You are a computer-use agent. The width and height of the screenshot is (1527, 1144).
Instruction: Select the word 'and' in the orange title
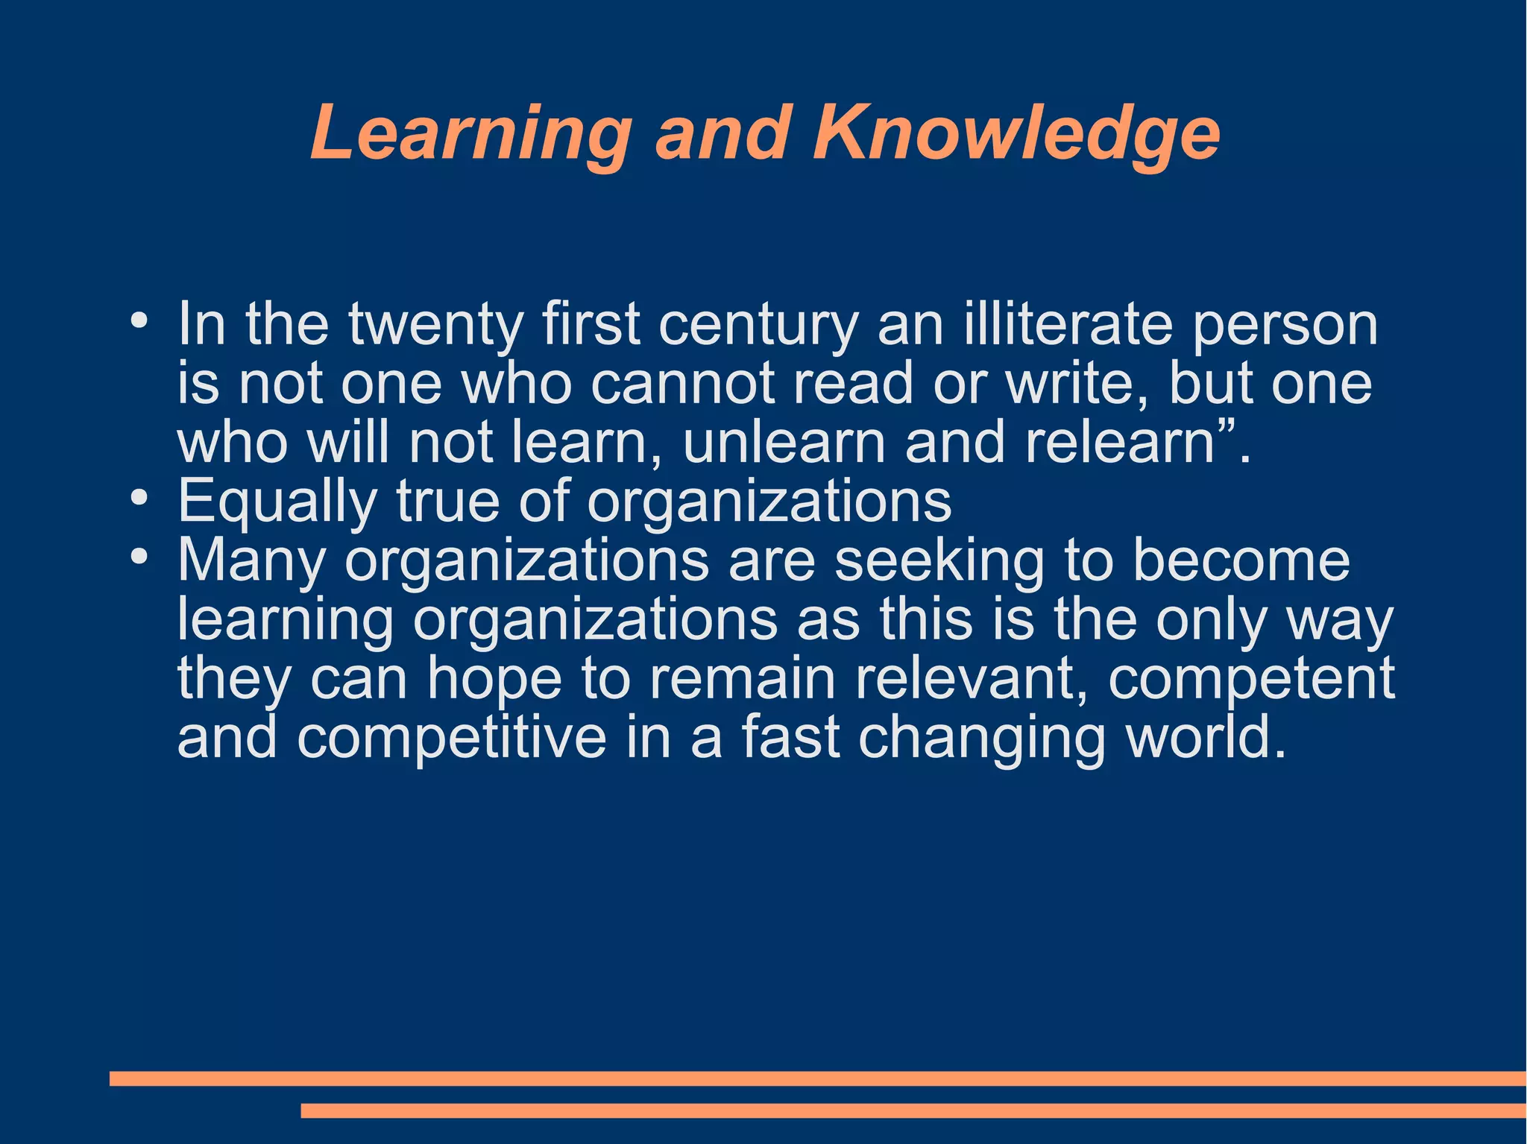tap(722, 133)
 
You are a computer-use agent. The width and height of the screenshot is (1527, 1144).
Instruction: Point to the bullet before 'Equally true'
tap(139, 499)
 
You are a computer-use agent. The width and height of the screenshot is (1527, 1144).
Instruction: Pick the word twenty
tap(435, 326)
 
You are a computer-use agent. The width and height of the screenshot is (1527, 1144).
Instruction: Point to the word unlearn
tap(784, 442)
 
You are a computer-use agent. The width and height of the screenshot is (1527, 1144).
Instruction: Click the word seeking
tap(939, 561)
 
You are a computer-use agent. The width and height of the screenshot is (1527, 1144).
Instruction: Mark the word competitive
tap(452, 738)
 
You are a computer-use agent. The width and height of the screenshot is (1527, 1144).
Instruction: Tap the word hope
tap(494, 680)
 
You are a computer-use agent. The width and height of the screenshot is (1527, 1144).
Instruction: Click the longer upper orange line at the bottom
tap(817, 1078)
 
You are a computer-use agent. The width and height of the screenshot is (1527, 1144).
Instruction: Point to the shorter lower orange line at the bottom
tap(913, 1110)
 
